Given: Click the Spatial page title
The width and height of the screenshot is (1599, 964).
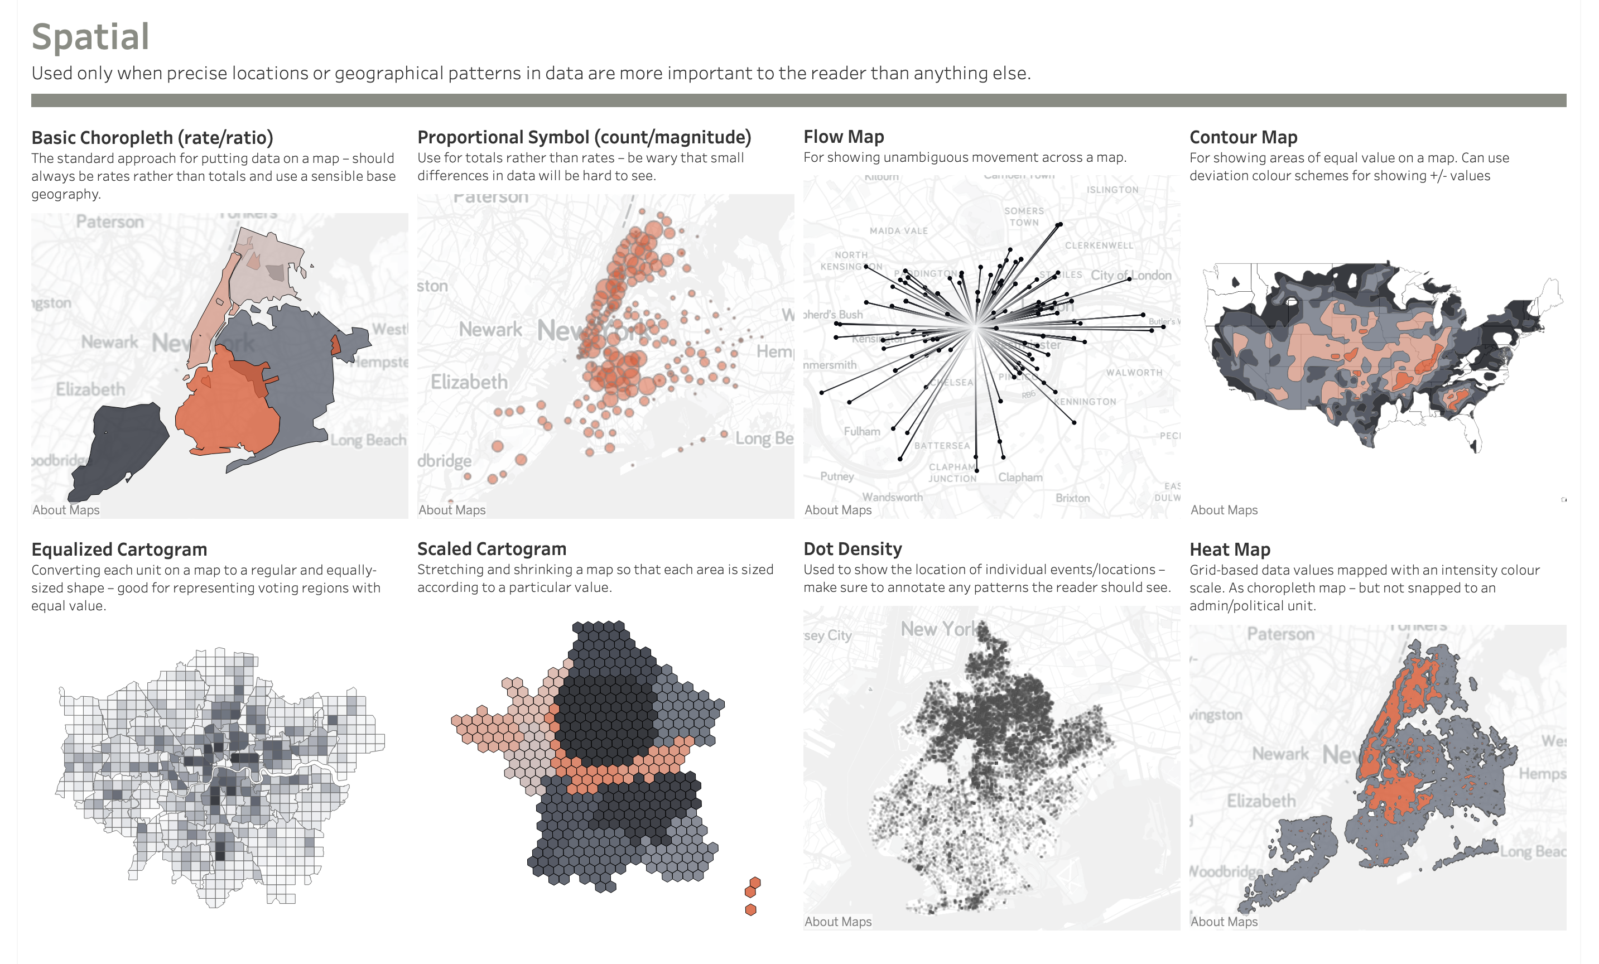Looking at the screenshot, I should (90, 37).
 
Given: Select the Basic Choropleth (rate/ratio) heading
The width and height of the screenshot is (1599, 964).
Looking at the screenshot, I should (152, 138).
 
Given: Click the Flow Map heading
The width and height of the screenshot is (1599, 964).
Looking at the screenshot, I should (843, 137).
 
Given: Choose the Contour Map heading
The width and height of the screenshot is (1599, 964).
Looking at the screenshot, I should (1242, 138).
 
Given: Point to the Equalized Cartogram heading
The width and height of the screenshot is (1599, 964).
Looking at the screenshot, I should (119, 550).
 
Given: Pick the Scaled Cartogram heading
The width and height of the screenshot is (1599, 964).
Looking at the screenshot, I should (492, 549).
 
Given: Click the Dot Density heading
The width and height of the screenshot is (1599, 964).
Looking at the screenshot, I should (852, 549).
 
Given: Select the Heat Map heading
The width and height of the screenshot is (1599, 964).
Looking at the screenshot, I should (1229, 550).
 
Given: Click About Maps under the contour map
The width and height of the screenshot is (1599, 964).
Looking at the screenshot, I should (1224, 510).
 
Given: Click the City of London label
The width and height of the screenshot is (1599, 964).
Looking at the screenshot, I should (1130, 275).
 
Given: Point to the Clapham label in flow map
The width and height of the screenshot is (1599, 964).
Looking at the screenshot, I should (1020, 478).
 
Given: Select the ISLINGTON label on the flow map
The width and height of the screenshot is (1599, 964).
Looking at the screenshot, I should (1112, 190).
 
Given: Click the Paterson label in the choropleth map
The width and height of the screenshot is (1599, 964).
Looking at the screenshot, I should (110, 222).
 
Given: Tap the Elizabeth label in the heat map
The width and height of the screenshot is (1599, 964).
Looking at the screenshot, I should (1261, 801).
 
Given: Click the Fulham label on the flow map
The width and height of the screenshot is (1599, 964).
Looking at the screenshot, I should (862, 431).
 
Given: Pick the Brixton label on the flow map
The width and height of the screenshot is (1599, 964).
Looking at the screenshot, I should (1072, 498).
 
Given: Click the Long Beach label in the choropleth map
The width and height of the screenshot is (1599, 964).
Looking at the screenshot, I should (368, 441).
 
